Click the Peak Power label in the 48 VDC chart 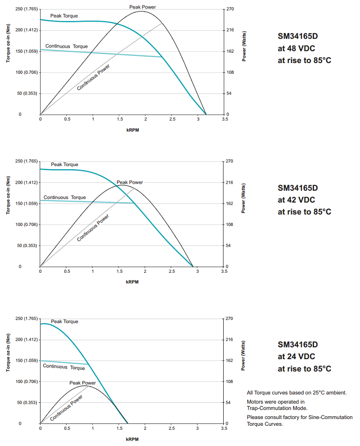(x=143, y=7)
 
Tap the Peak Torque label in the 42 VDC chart (x=64, y=165)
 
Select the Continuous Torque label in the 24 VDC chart (x=64, y=367)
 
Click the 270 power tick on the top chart (x=229, y=9)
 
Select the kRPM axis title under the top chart (x=132, y=130)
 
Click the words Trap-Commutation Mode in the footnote (x=277, y=408)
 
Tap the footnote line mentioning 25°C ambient (x=297, y=392)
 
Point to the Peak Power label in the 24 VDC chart (x=82, y=383)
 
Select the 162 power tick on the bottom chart (x=229, y=360)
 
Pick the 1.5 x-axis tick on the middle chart (x=119, y=272)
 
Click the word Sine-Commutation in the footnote (x=330, y=417)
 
